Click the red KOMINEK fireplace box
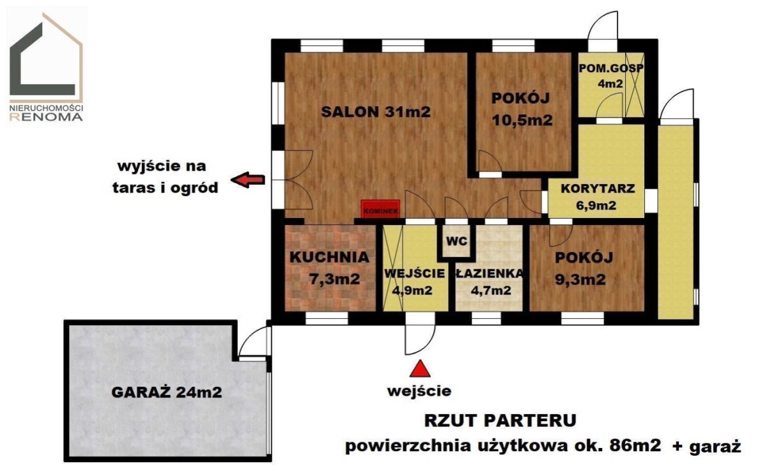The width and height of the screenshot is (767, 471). pos(380,208)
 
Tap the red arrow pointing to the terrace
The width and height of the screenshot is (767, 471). pos(247,180)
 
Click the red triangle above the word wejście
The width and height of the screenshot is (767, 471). pos(420,368)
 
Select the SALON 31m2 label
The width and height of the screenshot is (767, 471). pos(376,112)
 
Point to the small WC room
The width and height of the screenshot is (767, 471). pos(457,241)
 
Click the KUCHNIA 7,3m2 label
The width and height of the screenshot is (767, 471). pos(329,268)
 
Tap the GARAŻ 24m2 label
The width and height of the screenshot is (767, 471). pos(167,392)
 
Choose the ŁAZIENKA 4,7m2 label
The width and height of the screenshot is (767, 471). pos(490,282)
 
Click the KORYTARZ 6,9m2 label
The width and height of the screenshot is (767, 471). pos(598,197)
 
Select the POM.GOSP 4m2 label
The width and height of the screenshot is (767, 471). pos(611,75)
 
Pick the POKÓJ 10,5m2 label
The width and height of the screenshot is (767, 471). pos(522,109)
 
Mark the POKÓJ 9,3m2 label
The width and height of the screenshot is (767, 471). pos(584,268)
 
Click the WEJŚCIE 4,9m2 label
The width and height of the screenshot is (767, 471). pos(414,282)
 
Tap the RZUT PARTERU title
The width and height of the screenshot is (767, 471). pos(500,421)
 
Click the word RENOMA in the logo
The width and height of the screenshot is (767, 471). pos(46,117)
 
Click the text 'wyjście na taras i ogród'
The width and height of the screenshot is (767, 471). pos(166,177)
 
